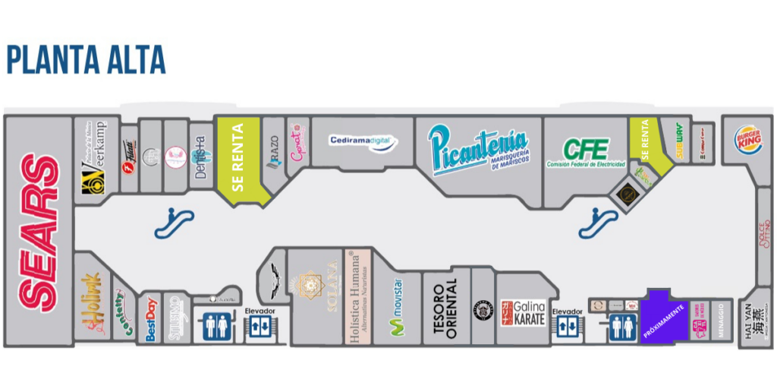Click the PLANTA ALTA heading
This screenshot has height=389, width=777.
(x=86, y=59)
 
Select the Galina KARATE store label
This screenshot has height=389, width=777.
(x=522, y=312)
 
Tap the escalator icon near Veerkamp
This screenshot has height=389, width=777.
(x=174, y=223)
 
